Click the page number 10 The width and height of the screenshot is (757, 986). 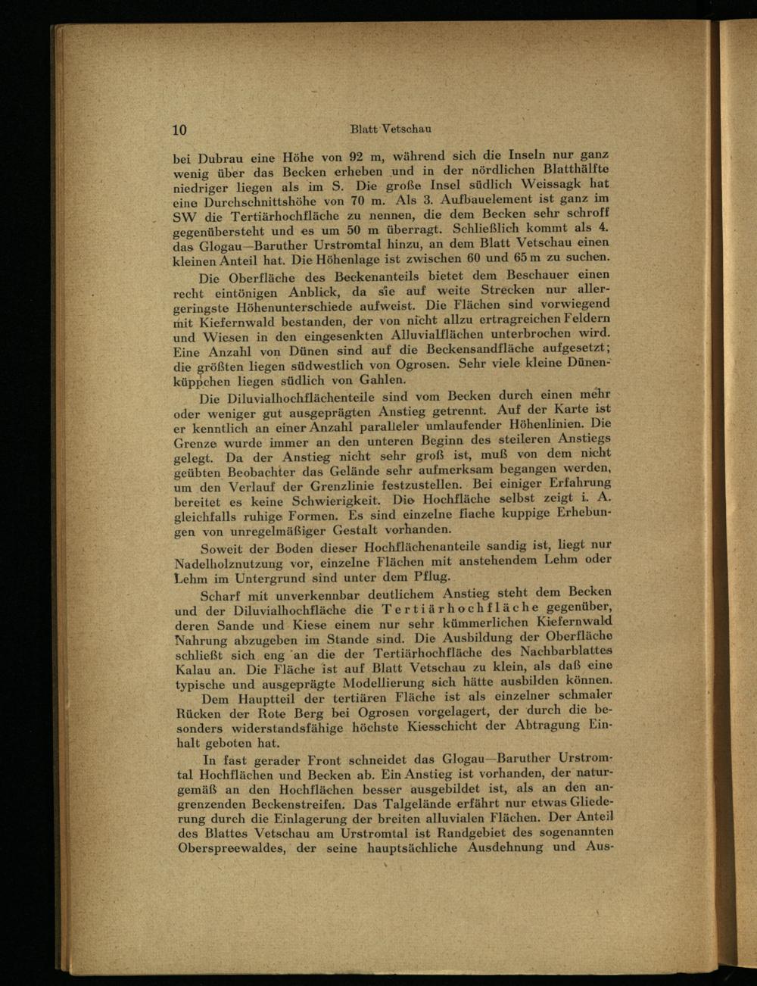179,129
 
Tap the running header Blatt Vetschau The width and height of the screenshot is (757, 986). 391,129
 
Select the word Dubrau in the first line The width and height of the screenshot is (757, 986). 220,159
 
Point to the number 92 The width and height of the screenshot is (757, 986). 356,158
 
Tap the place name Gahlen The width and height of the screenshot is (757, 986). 382,380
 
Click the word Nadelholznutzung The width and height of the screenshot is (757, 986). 239,563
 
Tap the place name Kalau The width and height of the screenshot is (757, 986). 193,670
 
